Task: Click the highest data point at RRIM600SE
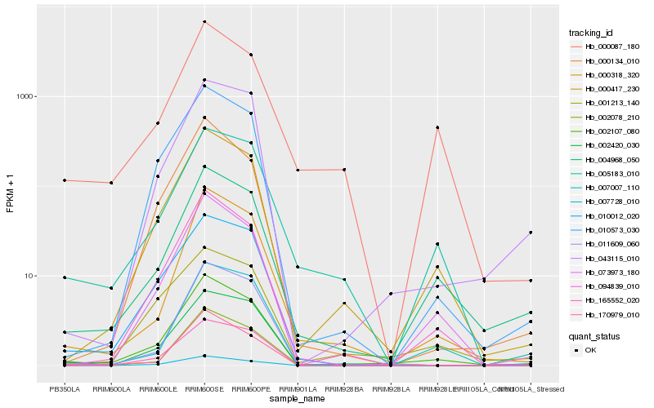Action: point(204,21)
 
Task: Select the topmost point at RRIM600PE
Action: point(251,55)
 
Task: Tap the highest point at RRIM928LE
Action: point(437,127)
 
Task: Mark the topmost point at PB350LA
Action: point(65,180)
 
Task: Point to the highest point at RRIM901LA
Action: point(298,170)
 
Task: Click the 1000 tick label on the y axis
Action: point(25,96)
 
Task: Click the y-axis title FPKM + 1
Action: point(11,193)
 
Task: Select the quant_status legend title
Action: point(594,335)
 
